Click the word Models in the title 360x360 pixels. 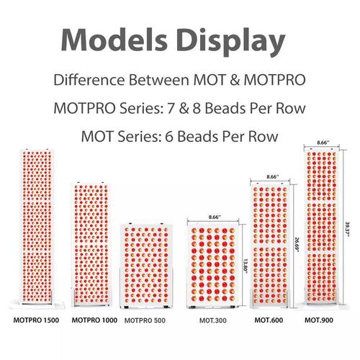tap(114, 40)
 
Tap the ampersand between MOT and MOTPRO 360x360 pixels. tap(235, 80)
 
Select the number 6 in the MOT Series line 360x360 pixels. tap(169, 137)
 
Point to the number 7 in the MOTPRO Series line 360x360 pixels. tap(171, 108)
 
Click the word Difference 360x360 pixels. tap(89, 80)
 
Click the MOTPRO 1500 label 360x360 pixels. tap(36, 320)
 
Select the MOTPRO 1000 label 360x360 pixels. tap(94, 320)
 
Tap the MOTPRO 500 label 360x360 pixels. tap(145, 320)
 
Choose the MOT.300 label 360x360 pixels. tap(213, 320)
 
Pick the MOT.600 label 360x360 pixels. tap(269, 320)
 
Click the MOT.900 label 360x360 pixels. tap(319, 320)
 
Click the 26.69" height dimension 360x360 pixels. tap(297, 245)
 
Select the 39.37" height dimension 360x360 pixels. tap(347, 229)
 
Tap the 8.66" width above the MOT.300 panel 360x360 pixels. tap(215, 217)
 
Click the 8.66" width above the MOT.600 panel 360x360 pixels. tap(273, 177)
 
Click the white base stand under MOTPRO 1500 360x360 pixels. tap(37, 305)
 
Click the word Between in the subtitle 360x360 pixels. tap(159, 80)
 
